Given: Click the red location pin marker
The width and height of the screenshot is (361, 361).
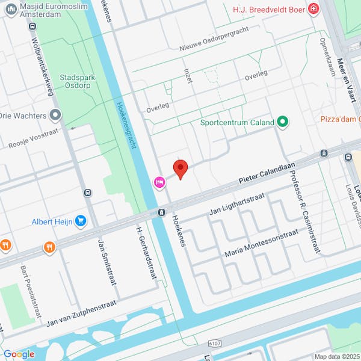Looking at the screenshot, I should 180,168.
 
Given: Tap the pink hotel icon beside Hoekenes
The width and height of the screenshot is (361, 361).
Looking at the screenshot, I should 159,182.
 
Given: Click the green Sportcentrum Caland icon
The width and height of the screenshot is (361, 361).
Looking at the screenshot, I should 282,123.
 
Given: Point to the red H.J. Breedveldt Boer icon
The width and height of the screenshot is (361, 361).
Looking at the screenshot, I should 313,8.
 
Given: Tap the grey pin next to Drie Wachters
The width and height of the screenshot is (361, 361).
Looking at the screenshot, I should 56,114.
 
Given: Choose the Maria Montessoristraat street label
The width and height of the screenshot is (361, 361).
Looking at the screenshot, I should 261,243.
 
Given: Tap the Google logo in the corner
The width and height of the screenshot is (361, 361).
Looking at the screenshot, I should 18,354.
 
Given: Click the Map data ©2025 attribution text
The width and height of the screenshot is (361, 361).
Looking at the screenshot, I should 336,356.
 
